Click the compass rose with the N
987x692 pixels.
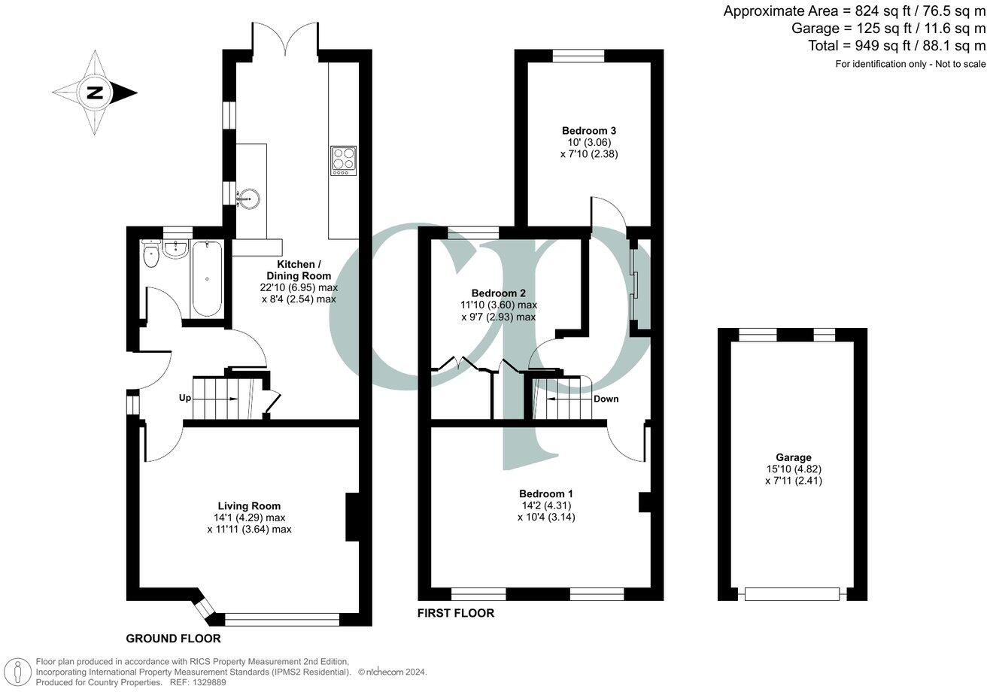(94, 93)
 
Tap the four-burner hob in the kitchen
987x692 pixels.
(343, 161)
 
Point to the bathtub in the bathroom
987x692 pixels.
(206, 278)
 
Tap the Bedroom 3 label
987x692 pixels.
(589, 129)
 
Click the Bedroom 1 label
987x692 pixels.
(546, 493)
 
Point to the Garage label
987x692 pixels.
(794, 457)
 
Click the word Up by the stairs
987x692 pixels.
(185, 398)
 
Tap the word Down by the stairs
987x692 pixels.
(606, 399)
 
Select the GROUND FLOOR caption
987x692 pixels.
(173, 639)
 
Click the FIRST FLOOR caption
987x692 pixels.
(456, 613)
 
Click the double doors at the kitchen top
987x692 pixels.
(284, 38)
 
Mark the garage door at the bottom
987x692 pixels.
(792, 594)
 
